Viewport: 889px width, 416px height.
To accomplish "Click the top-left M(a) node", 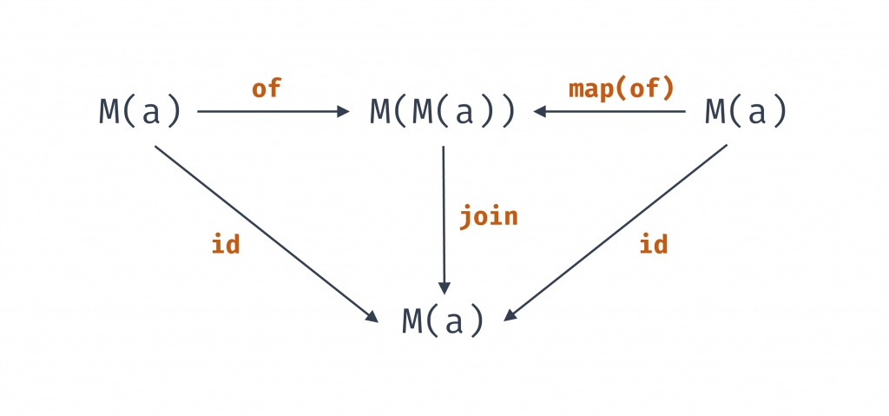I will pos(140,112).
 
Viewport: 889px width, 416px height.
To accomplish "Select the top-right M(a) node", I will pos(746,112).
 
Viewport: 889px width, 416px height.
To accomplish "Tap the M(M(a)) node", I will pos(443,112).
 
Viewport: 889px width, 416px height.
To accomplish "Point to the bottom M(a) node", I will pos(443,320).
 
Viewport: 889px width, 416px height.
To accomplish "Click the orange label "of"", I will pos(267,89).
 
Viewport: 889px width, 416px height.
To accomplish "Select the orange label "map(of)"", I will pos(621,89).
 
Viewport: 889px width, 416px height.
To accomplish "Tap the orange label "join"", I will pos(489,215).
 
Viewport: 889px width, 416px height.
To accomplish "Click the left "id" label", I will pos(226,245).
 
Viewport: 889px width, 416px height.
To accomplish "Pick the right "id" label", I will pos(653,245).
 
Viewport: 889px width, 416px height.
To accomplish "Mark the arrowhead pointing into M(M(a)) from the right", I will pos(540,111).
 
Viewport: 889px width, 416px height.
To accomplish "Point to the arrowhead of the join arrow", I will pos(444,288).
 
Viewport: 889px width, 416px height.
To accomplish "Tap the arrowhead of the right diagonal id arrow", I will pos(510,316).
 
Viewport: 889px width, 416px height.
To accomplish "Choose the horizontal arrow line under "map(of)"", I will pos(616,111).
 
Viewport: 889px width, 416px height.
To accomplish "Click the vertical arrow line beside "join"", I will pos(444,217).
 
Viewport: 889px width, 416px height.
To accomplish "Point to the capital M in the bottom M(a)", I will pos(412,320).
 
